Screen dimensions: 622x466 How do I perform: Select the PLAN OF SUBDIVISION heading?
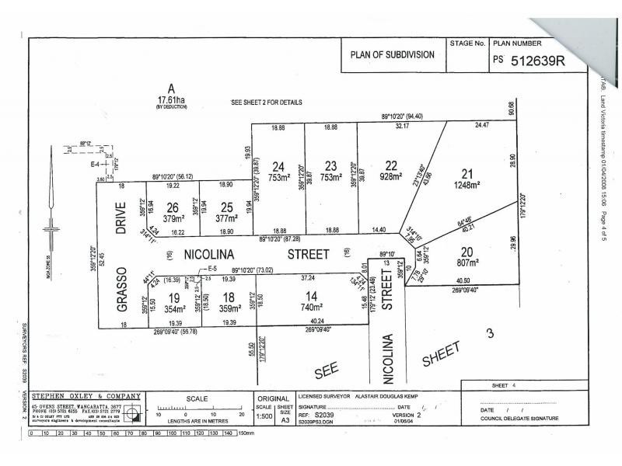(394, 57)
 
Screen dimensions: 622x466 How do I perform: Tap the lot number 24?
(278, 165)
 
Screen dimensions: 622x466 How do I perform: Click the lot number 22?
(391, 165)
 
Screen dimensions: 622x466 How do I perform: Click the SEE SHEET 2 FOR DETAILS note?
(267, 103)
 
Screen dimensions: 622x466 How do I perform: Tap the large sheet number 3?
(489, 334)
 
